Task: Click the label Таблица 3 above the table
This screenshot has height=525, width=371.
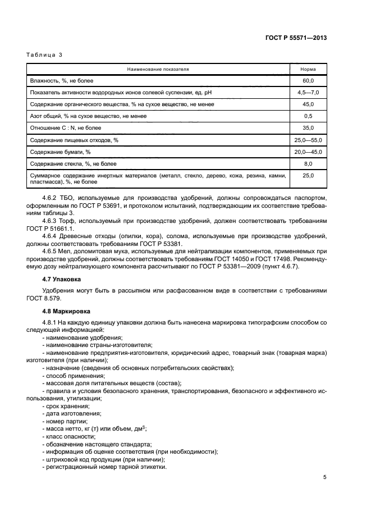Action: point(44,55)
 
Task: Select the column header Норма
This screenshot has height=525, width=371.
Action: point(308,69)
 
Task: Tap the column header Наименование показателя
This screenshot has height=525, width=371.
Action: point(158,69)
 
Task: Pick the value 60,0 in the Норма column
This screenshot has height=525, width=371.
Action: point(308,81)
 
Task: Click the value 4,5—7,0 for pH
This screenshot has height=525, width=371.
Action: point(308,93)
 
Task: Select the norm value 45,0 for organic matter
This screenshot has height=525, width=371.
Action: point(308,104)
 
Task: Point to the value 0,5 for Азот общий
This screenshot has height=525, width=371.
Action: point(308,116)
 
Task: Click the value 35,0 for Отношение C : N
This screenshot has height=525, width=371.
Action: point(308,128)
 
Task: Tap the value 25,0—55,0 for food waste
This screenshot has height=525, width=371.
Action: point(308,140)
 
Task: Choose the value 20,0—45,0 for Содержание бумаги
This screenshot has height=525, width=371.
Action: point(308,152)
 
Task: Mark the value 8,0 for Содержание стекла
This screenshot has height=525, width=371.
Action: point(308,164)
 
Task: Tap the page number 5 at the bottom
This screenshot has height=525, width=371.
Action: point(324,477)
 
